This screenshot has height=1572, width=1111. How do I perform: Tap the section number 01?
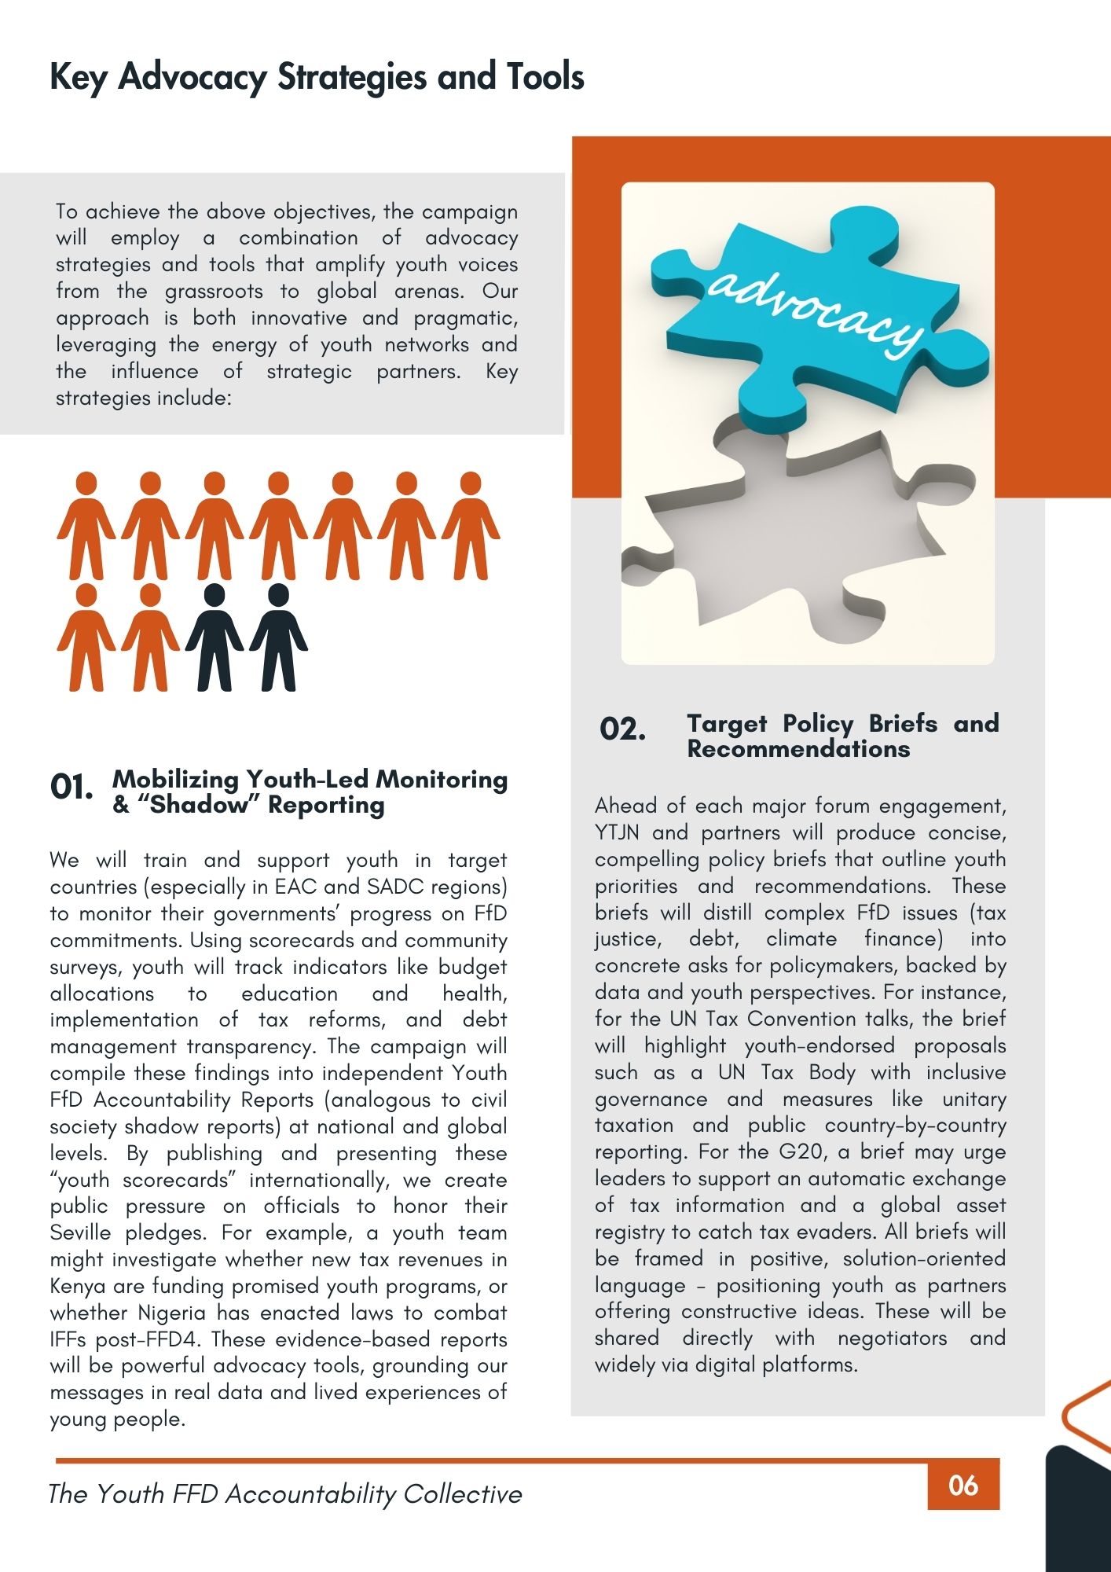71,787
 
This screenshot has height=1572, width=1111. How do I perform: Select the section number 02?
622,729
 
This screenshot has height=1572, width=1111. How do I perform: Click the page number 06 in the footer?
962,1486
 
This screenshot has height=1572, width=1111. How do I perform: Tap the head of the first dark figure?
214,595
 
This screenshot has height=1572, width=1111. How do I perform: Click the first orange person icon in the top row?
86,525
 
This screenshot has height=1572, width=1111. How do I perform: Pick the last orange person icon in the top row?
470,525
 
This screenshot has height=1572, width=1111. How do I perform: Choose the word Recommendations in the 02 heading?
798,749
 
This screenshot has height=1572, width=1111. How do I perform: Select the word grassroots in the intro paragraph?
214,292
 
